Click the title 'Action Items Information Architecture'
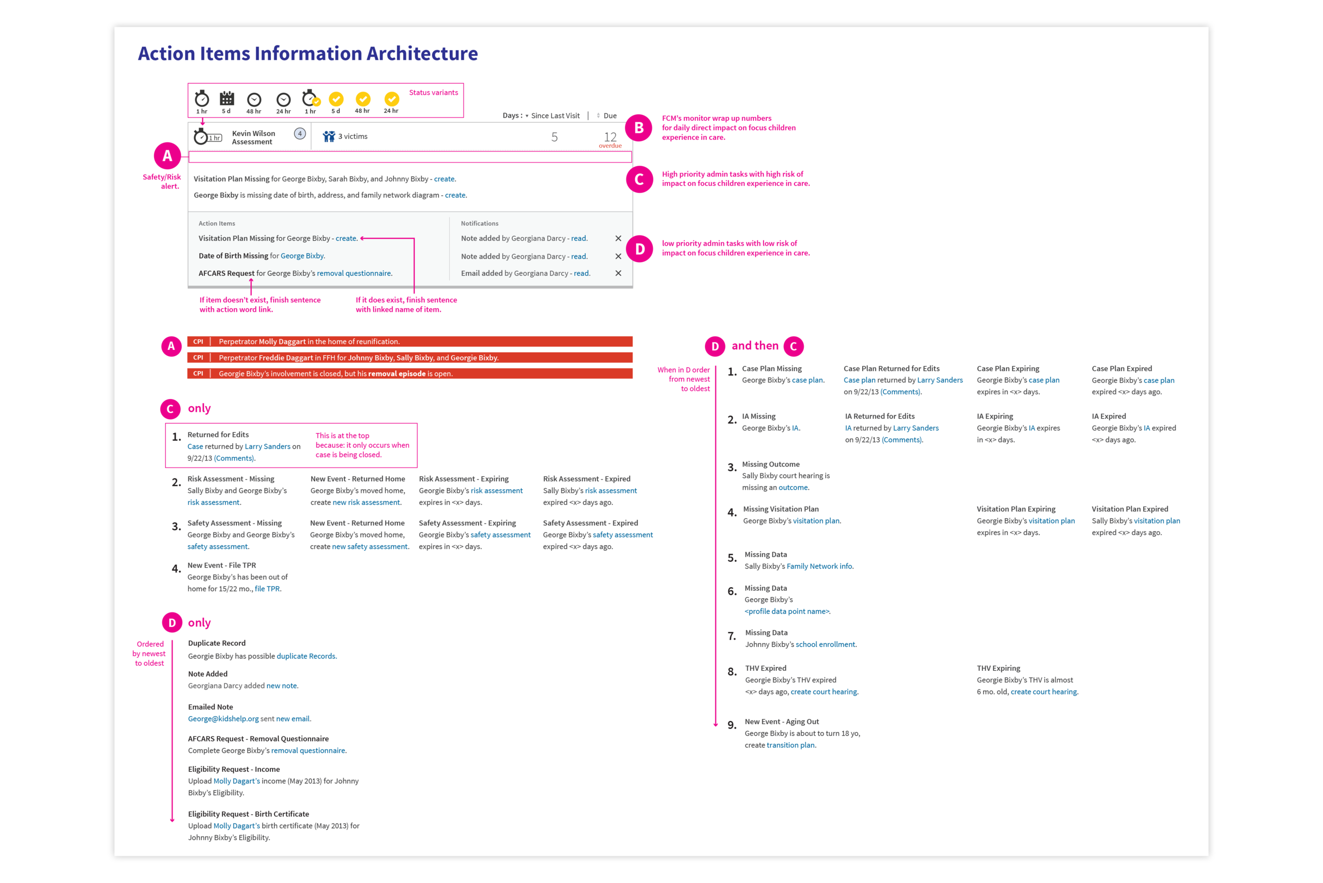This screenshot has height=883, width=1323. pyautogui.click(x=307, y=53)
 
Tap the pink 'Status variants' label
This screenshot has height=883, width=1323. pyautogui.click(x=433, y=92)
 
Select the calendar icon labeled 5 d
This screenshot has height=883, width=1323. pyautogui.click(x=227, y=99)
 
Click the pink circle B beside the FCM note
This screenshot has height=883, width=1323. pyautogui.click(x=639, y=128)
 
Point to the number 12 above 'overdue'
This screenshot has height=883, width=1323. pyautogui.click(x=610, y=137)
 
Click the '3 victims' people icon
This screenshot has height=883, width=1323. pyautogui.click(x=329, y=136)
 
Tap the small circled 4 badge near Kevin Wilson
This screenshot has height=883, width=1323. pyautogui.click(x=300, y=133)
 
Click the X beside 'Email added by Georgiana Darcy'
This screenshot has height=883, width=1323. pyautogui.click(x=618, y=273)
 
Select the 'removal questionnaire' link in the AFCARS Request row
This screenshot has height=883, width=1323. pyautogui.click(x=354, y=273)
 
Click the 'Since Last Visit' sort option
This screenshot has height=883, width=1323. pyautogui.click(x=555, y=115)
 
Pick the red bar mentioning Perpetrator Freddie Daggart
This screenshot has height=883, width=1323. pyautogui.click(x=410, y=357)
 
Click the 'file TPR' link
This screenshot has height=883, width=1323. pyautogui.click(x=267, y=589)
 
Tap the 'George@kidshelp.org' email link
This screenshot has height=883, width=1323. pyautogui.click(x=223, y=718)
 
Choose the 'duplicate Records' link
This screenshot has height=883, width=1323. pyautogui.click(x=306, y=656)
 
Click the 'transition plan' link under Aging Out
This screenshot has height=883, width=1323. pyautogui.click(x=791, y=745)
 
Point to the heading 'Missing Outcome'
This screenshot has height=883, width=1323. pyautogui.click(x=770, y=464)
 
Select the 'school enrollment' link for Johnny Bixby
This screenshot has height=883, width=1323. pyautogui.click(x=825, y=644)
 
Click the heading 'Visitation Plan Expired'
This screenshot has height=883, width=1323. pyautogui.click(x=1129, y=509)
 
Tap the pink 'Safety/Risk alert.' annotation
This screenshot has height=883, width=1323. pyautogui.click(x=161, y=182)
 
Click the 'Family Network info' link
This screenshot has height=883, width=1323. pyautogui.click(x=819, y=566)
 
